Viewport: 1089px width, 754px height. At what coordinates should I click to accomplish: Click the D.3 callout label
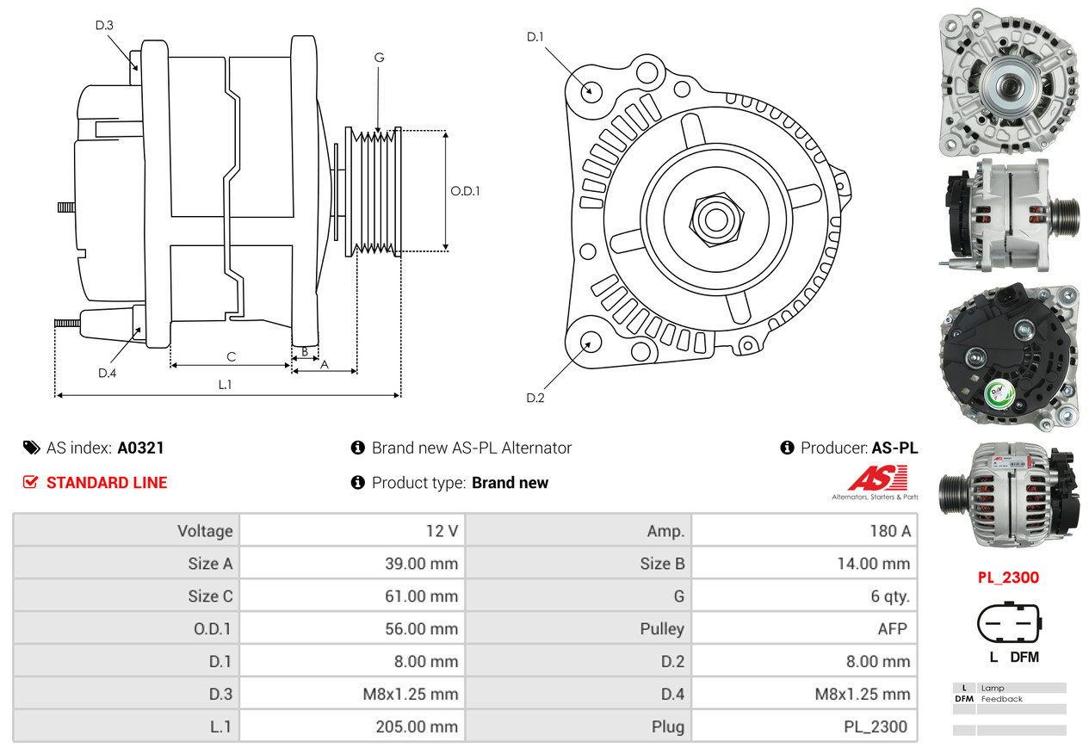click(x=104, y=25)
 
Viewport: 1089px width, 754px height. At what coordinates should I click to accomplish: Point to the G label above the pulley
click(x=379, y=58)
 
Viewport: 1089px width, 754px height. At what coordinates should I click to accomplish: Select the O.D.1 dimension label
click(x=465, y=191)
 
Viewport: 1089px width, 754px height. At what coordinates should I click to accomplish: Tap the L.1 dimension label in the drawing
click(x=225, y=385)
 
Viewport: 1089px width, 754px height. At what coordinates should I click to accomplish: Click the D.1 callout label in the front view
click(x=535, y=36)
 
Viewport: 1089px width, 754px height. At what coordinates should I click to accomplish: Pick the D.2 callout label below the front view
click(x=535, y=398)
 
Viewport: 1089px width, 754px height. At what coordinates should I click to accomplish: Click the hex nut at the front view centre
click(x=714, y=218)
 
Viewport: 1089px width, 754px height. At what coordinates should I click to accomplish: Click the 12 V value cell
click(x=442, y=531)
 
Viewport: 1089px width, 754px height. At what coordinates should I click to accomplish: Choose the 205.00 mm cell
click(x=417, y=726)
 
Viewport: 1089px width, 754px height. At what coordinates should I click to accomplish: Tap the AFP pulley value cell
click(x=892, y=628)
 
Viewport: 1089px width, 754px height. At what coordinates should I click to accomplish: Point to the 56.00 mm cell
click(x=421, y=628)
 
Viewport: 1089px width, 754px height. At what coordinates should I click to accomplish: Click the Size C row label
click(x=210, y=596)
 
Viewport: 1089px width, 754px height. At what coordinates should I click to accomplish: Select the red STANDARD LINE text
click(x=107, y=483)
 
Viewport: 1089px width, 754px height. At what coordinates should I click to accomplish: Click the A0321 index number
click(x=140, y=448)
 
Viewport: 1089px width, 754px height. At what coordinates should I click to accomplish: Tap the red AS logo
click(x=877, y=478)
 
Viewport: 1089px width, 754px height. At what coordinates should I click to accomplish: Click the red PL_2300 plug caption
click(x=1008, y=578)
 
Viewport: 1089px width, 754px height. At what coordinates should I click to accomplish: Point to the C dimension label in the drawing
click(x=231, y=356)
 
